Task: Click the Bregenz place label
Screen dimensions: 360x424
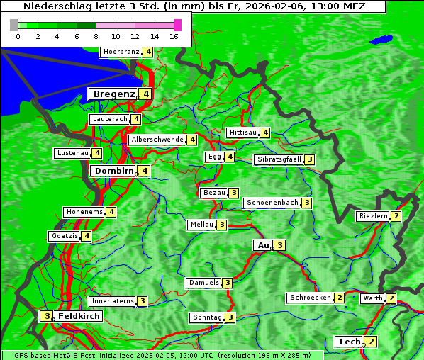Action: point(113,94)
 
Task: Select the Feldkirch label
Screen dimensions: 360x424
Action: point(79,315)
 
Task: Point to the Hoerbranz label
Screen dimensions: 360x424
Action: point(121,52)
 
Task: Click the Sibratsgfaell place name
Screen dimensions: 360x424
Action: point(279,159)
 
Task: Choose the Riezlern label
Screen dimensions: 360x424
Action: point(373,216)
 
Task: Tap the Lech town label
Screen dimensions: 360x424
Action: point(350,342)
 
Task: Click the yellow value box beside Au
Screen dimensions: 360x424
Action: point(280,245)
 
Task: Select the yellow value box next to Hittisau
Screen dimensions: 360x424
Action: point(264,133)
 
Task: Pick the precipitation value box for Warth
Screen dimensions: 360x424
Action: point(391,298)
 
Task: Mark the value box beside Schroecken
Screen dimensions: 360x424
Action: point(340,298)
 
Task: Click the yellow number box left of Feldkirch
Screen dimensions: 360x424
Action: point(46,315)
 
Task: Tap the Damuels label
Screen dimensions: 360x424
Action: point(203,283)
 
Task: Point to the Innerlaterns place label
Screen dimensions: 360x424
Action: point(113,301)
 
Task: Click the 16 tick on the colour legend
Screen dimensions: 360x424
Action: point(174,36)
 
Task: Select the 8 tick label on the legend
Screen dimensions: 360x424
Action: point(96,36)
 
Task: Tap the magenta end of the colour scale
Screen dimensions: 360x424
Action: point(177,25)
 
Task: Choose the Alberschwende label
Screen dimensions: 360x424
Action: point(157,140)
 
